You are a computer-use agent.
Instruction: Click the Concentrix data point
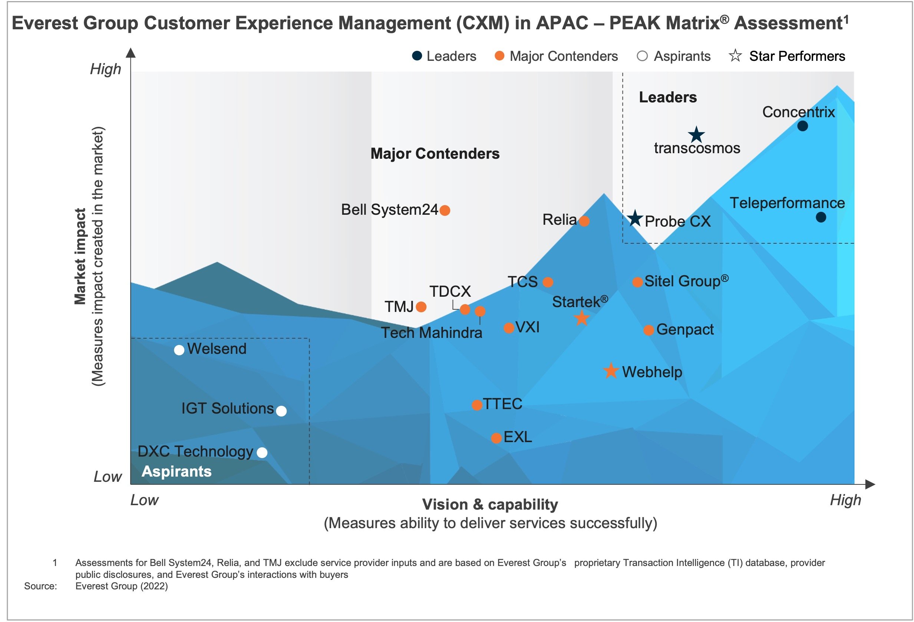click(x=802, y=126)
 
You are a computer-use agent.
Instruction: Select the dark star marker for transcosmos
click(x=696, y=135)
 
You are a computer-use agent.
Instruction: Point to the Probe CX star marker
click(x=635, y=218)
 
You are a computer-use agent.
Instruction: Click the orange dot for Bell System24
click(x=445, y=210)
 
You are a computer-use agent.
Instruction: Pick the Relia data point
click(x=584, y=221)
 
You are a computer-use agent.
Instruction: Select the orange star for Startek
click(x=582, y=318)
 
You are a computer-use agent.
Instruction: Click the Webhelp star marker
click(x=611, y=371)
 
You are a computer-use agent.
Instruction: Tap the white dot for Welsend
click(x=179, y=350)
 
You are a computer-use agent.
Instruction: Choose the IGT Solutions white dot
click(x=281, y=411)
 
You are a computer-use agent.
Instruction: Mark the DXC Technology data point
click(x=262, y=453)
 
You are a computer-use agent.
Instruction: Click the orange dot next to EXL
click(x=496, y=438)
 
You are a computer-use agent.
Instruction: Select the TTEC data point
click(x=477, y=405)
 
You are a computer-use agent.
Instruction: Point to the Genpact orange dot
click(x=649, y=330)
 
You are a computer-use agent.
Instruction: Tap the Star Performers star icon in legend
click(x=735, y=56)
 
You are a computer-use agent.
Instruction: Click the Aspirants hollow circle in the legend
click(x=642, y=56)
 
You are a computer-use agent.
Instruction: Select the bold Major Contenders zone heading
click(x=435, y=154)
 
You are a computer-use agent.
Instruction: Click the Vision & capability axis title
click(x=490, y=504)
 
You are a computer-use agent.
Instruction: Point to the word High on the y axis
click(x=105, y=69)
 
